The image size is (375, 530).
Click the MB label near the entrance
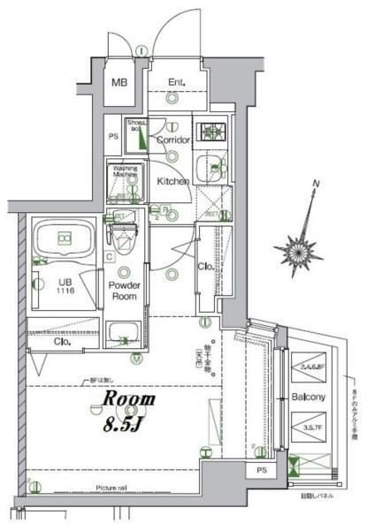[x=119, y=84]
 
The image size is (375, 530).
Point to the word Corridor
[x=174, y=140]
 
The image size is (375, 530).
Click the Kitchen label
[x=173, y=181]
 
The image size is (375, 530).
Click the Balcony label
[x=309, y=397]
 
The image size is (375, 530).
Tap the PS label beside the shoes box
[x=113, y=136]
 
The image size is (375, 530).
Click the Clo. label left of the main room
[x=62, y=341]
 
